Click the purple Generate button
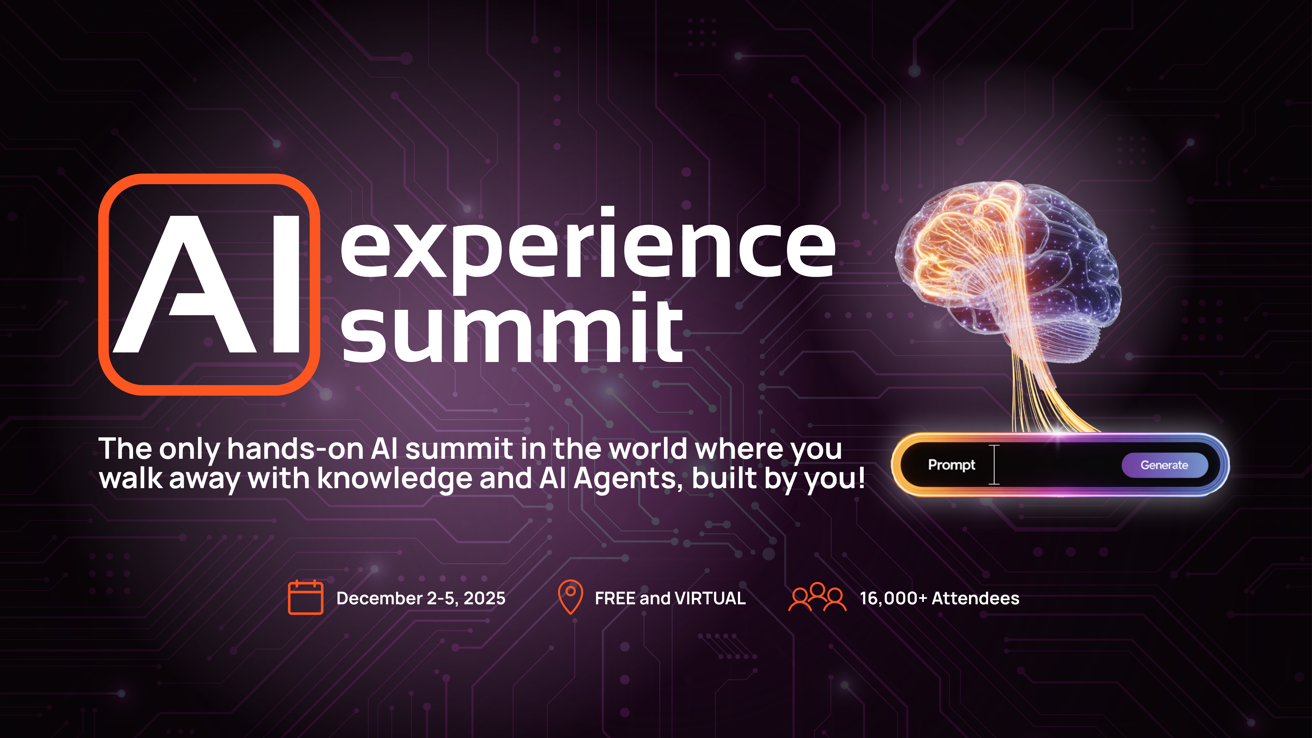[1164, 465]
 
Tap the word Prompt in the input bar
[951, 465]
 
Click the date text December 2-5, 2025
[421, 598]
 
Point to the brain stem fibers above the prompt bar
[1039, 392]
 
